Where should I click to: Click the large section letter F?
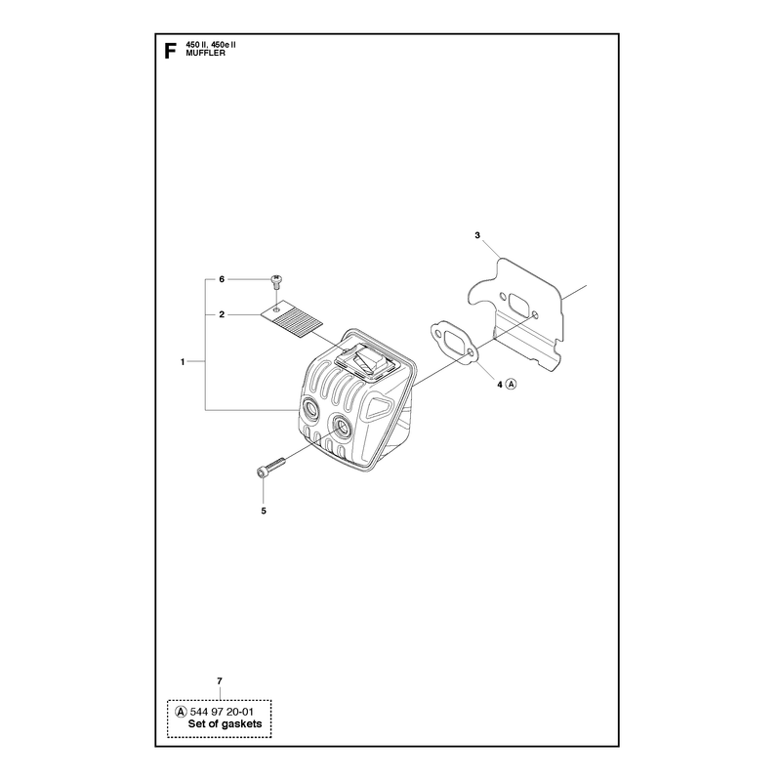170,51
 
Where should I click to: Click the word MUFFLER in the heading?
205,54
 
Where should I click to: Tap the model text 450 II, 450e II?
211,45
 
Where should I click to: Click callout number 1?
183,362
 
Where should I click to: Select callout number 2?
222,314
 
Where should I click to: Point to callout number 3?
477,235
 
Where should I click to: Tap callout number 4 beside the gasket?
500,384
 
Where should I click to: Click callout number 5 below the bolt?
264,511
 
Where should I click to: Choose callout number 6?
222,279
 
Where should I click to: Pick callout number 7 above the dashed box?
219,680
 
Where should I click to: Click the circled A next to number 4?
511,384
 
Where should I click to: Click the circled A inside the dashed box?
182,713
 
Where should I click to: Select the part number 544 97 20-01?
222,713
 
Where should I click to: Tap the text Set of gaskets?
226,723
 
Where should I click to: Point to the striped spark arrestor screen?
292,320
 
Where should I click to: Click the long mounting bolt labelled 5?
271,467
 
